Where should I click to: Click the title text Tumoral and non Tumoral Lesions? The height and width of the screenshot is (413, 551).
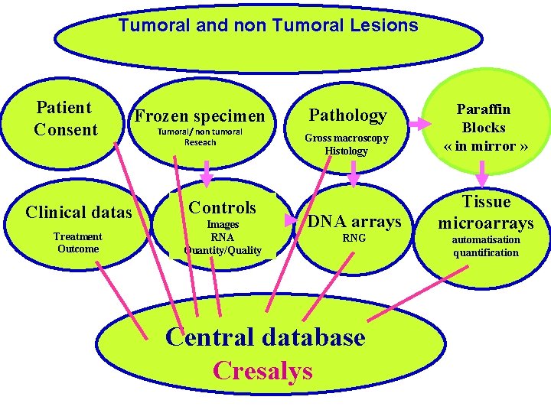coord(268,25)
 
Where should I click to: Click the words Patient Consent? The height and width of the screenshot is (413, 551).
coord(66,119)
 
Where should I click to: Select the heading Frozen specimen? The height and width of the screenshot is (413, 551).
coord(199,116)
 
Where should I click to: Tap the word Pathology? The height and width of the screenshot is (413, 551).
coord(347,115)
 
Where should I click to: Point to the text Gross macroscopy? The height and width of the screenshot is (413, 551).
coord(347,138)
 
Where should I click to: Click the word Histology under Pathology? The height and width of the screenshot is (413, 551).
coord(347,151)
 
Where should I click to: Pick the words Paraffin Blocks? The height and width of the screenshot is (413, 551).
coord(484,119)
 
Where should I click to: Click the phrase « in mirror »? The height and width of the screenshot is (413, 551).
coord(484,146)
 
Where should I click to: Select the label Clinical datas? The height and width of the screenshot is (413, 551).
coord(79,212)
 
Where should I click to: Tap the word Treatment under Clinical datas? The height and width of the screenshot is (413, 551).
coord(78,236)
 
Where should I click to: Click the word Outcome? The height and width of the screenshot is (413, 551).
coord(78,249)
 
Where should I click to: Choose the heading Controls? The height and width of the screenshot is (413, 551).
coord(222,207)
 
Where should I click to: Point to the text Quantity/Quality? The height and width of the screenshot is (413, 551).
coord(223,250)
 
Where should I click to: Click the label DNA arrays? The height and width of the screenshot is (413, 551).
coord(354,221)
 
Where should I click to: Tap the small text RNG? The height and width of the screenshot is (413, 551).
coord(354,239)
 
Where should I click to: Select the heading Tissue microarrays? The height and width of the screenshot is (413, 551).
coord(486,212)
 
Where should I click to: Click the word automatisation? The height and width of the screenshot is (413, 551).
coord(486,240)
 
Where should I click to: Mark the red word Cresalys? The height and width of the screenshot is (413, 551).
coord(262,370)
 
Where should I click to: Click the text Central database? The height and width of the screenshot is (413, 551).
coord(265,337)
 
